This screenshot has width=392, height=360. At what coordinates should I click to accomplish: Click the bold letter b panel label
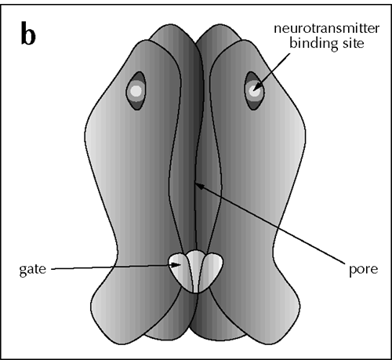(28, 34)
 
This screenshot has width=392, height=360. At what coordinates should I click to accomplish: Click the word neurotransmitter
(326, 28)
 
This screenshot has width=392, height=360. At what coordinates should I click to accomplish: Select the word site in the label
(350, 42)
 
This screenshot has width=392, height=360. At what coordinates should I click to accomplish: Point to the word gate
(33, 269)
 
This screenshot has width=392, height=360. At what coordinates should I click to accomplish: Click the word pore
(363, 269)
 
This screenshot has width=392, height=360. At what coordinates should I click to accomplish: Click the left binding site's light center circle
(136, 91)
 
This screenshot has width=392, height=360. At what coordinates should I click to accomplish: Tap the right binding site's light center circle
(253, 91)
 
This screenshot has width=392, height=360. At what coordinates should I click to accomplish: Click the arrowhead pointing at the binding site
(257, 86)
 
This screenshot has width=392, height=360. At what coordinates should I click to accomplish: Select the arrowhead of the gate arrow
(176, 265)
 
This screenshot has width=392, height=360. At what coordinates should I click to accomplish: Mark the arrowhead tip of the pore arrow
(195, 184)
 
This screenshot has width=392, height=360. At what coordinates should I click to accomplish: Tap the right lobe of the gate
(213, 268)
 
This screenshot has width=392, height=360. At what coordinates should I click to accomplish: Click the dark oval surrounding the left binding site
(136, 104)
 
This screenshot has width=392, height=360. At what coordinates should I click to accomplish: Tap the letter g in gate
(23, 271)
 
